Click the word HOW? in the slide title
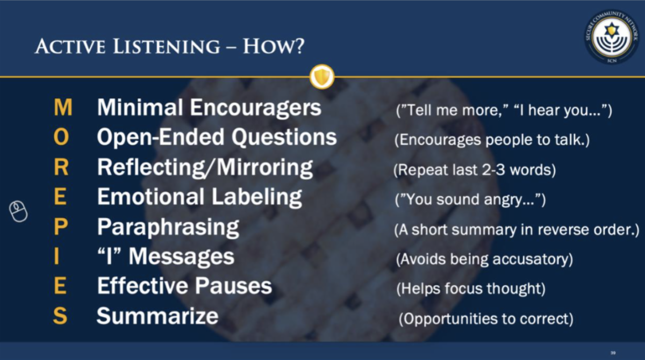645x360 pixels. (x=274, y=47)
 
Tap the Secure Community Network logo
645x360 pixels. (x=612, y=37)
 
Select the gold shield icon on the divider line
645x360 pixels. (x=322, y=76)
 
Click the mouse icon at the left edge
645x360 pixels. (x=18, y=212)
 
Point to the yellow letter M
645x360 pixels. (x=63, y=107)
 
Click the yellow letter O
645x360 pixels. (x=61, y=137)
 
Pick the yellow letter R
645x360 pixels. (x=61, y=167)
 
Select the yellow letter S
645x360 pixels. (x=60, y=316)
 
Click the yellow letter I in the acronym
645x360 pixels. (x=57, y=256)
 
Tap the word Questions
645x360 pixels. (x=284, y=137)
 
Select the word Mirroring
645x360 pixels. (x=264, y=168)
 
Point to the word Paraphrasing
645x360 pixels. (x=168, y=228)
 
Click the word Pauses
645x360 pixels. (x=233, y=286)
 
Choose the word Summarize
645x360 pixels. (x=157, y=316)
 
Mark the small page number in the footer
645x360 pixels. (x=613, y=353)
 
